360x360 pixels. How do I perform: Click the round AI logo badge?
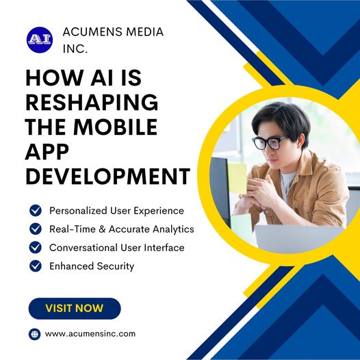click(39, 40)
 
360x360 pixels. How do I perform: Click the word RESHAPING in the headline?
click(92, 103)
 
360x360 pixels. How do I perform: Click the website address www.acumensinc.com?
click(90, 334)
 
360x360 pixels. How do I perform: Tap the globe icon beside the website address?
click(35, 334)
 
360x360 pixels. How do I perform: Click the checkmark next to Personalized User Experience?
click(36, 211)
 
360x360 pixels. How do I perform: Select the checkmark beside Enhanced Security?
click(36, 266)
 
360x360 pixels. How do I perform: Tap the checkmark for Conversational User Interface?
click(36, 248)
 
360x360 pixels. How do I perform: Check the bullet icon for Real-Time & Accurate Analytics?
click(36, 229)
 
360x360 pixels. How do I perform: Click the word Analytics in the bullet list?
click(171, 229)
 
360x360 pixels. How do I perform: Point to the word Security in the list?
click(115, 266)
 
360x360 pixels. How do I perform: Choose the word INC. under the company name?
click(75, 49)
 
